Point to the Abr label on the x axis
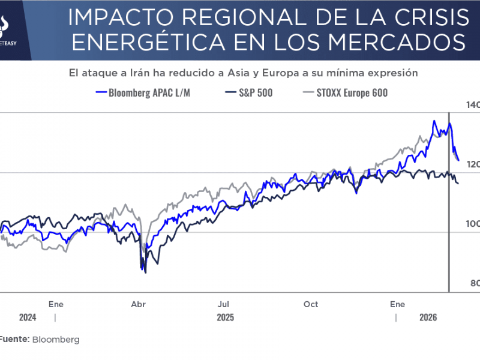tap(138, 304)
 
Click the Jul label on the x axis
tap(224, 304)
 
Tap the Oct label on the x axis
tap(311, 304)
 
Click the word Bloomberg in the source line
tap(56, 340)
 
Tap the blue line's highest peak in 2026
tap(434, 121)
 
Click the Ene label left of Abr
tap(56, 304)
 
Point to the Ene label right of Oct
tap(397, 304)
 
